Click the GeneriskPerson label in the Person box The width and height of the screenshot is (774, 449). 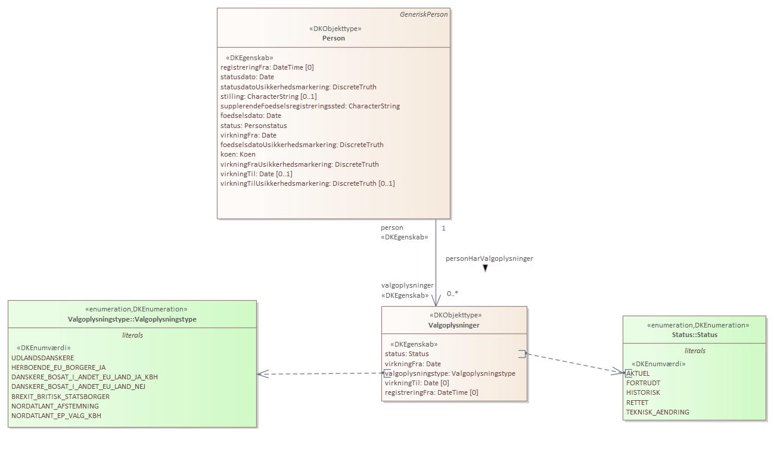click(x=423, y=14)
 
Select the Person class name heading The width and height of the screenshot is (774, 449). click(x=334, y=38)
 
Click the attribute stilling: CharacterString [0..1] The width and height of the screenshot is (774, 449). click(x=269, y=96)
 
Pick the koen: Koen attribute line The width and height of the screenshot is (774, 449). click(x=238, y=154)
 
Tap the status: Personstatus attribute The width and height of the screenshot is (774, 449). click(x=254, y=126)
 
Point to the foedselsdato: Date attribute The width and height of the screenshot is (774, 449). click(x=251, y=116)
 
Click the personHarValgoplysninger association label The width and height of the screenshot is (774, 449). click(x=489, y=258)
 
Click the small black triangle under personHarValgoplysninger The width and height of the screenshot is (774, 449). click(x=485, y=269)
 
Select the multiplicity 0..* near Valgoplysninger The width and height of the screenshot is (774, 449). click(x=452, y=294)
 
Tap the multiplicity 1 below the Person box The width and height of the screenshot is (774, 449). click(x=443, y=228)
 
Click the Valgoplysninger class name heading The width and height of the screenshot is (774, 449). click(x=453, y=325)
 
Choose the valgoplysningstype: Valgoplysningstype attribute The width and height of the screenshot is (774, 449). click(x=451, y=373)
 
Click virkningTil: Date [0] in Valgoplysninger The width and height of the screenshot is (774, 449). click(x=417, y=383)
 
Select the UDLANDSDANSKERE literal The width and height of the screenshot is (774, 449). click(x=43, y=358)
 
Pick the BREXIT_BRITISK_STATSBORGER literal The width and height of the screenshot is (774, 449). click(x=61, y=397)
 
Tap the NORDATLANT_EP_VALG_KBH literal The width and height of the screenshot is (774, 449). click(x=56, y=416)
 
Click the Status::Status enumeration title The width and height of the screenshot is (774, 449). click(x=694, y=335)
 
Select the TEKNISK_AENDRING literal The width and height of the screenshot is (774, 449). click(x=657, y=412)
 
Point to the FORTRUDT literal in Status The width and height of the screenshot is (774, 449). click(x=643, y=383)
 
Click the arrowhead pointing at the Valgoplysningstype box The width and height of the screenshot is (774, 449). click(x=262, y=374)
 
